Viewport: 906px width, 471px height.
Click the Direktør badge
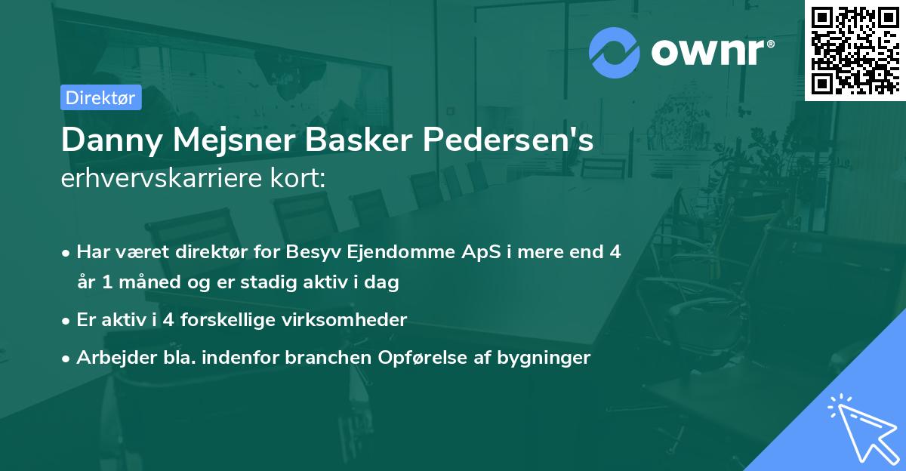point(100,97)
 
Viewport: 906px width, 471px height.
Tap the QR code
point(855,50)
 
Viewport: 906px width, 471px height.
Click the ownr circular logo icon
point(615,52)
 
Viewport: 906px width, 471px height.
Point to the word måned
point(143,283)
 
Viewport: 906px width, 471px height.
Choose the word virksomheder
point(353,320)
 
